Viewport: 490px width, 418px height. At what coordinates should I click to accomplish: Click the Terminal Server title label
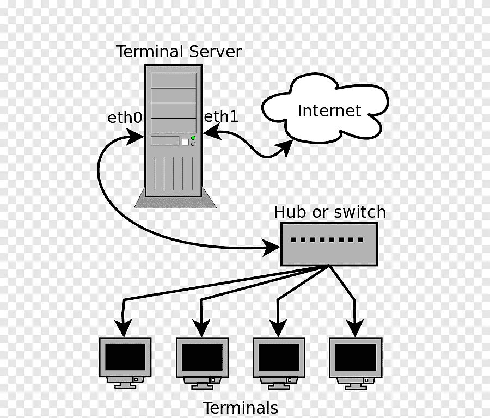(179, 52)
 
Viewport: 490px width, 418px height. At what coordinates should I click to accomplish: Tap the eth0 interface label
(125, 118)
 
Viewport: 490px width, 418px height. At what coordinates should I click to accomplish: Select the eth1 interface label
(221, 116)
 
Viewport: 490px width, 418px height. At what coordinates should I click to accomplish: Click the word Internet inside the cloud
(329, 111)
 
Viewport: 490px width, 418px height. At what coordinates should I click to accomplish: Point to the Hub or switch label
(329, 212)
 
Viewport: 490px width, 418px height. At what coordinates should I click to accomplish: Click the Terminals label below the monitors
(240, 408)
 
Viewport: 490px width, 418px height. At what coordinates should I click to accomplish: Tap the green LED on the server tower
(193, 138)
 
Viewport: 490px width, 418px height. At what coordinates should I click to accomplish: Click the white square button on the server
(185, 142)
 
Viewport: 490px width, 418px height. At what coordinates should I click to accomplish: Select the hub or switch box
(329, 244)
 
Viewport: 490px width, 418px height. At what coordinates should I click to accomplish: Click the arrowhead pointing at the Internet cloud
(284, 148)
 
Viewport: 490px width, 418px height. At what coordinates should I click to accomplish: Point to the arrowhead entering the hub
(271, 248)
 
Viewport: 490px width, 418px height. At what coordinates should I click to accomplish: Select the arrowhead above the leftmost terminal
(125, 327)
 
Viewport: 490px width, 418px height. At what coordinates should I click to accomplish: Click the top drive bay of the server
(173, 81)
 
